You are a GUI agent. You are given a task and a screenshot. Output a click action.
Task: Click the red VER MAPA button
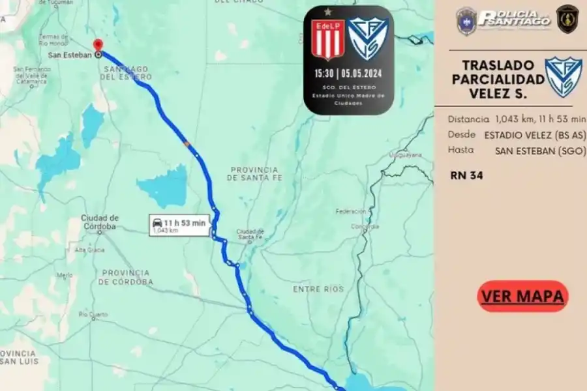[x=522, y=297]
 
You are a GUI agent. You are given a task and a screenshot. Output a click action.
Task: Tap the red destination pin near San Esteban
[x=98, y=45]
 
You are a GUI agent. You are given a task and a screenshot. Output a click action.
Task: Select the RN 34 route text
[x=466, y=175]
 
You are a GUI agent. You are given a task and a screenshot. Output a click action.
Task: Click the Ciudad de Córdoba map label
[x=99, y=222]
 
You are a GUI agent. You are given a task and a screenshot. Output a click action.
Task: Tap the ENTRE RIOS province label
[x=318, y=289]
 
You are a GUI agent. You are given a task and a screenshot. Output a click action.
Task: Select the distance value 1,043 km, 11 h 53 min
[x=540, y=119]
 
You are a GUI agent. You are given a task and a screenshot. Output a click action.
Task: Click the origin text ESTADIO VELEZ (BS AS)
[x=535, y=135]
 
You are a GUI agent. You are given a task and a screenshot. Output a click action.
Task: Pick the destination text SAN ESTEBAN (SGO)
[x=541, y=150]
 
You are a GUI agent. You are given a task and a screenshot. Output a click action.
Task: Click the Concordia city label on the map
[x=365, y=226]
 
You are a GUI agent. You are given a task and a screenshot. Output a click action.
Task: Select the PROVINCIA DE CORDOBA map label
[x=125, y=277]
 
